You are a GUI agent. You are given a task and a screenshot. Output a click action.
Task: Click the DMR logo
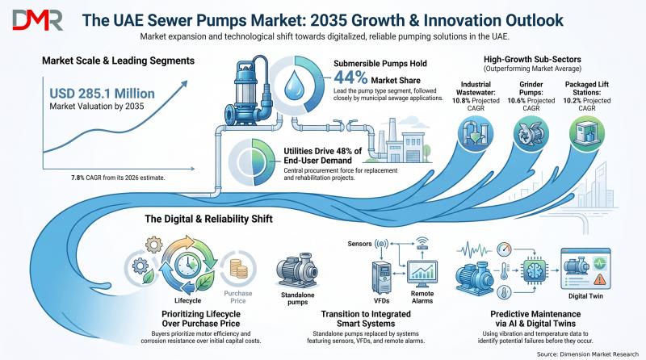(x=37, y=20)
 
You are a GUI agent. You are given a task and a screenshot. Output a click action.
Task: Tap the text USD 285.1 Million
(x=103, y=94)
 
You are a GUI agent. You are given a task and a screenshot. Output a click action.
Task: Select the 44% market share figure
(x=350, y=77)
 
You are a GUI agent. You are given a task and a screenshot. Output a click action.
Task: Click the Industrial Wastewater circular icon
(x=476, y=133)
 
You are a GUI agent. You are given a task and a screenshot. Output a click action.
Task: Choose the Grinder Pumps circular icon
(x=531, y=133)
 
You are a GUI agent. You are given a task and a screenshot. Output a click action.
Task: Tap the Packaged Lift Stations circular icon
(x=587, y=133)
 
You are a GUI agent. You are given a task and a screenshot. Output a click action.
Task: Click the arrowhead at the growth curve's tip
(x=183, y=84)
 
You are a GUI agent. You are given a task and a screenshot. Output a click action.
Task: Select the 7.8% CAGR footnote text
(x=118, y=178)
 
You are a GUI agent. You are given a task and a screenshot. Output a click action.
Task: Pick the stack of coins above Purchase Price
(x=238, y=268)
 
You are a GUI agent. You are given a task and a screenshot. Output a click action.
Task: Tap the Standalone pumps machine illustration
(x=297, y=270)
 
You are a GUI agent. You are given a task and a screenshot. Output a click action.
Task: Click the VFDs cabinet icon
(x=381, y=277)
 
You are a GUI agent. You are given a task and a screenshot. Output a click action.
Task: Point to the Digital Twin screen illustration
(x=585, y=269)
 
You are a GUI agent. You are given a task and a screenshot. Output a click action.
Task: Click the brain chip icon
(x=535, y=270)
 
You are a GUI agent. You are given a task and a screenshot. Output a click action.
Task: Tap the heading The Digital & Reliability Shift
(x=208, y=219)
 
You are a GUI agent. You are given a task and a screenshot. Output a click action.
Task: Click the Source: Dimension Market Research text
(x=588, y=354)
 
